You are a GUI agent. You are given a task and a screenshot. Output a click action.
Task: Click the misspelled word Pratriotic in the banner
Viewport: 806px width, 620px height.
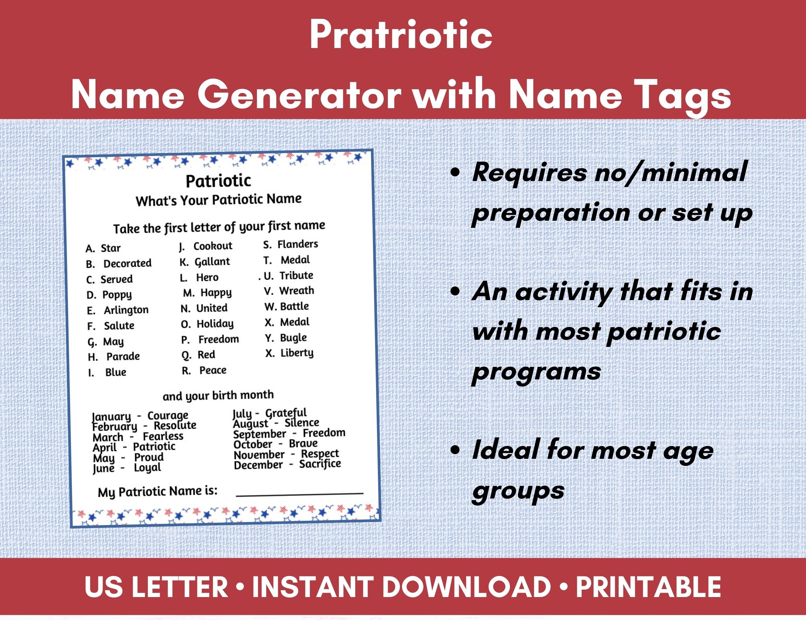[x=401, y=35]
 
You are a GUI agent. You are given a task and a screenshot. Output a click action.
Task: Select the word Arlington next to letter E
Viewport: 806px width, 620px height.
[x=126, y=310]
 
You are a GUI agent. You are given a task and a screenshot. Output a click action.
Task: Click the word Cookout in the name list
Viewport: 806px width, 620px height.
[x=213, y=246]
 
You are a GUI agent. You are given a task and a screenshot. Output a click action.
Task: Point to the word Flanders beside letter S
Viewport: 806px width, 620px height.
[x=298, y=244]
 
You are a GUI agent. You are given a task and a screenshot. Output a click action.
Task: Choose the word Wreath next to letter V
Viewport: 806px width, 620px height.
[x=296, y=291]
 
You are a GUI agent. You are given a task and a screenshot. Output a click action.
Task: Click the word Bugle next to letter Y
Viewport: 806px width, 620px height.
[x=293, y=338]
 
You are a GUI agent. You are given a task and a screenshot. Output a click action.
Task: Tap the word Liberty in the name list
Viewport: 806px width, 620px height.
[x=297, y=353]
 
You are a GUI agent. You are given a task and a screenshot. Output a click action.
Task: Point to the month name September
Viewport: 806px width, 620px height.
[x=259, y=434]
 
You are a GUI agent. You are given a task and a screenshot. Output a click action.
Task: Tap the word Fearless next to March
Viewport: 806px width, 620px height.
[x=163, y=436]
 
